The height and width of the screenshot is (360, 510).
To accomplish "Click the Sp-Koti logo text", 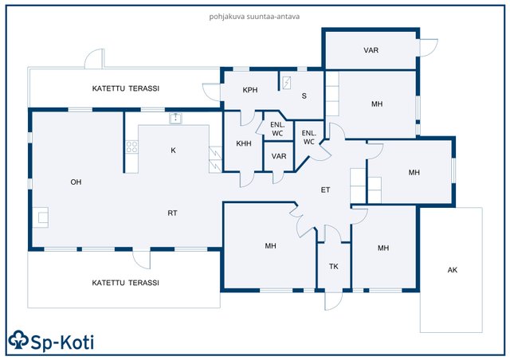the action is click(x=62, y=342).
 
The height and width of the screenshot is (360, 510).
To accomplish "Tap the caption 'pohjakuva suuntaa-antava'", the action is click(x=254, y=17).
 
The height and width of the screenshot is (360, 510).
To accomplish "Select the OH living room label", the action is click(x=76, y=182).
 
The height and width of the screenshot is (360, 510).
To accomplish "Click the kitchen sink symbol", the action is click(x=175, y=119).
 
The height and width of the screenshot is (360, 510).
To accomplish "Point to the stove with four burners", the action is click(x=131, y=147).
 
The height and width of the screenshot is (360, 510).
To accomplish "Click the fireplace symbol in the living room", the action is click(x=41, y=217).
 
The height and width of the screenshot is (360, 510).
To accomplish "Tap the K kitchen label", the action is click(x=173, y=151).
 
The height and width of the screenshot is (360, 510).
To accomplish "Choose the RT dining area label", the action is click(x=172, y=213).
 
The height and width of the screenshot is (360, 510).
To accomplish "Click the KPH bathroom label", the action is click(x=250, y=90).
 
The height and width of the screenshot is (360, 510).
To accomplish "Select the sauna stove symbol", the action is click(x=286, y=83).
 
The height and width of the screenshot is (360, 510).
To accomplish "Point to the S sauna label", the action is click(x=304, y=96).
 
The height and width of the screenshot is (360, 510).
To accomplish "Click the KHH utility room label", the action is click(x=244, y=143).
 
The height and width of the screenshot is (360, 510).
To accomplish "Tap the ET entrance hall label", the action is click(x=326, y=190).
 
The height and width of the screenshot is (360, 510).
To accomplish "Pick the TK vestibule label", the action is click(x=334, y=267).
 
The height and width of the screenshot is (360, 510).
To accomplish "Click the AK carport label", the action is click(x=453, y=270).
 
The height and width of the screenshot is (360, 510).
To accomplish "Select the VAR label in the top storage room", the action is click(x=371, y=50).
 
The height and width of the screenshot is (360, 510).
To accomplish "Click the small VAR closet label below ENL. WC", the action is click(x=279, y=156).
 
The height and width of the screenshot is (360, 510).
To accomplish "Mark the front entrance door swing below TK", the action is click(x=334, y=300).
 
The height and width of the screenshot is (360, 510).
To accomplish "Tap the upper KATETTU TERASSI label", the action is click(x=126, y=88).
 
